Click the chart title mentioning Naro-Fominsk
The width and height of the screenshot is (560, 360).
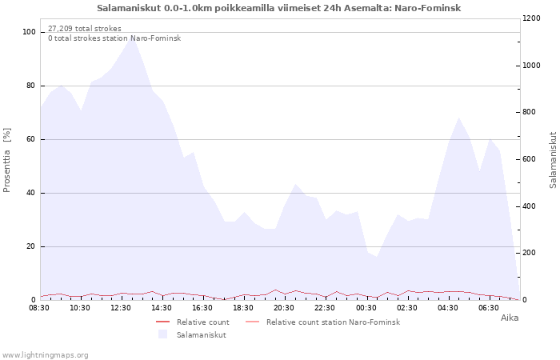coord(279,8)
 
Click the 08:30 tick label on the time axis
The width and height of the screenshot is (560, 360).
coord(39,308)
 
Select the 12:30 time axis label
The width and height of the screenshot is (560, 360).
coord(121,308)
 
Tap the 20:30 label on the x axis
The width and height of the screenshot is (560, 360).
coord(284,308)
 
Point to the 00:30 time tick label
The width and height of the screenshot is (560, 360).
coord(366,308)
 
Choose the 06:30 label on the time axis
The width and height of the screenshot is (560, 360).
coord(489,308)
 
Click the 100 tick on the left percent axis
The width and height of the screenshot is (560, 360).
coord(29,32)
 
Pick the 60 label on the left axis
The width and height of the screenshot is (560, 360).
coord(31,139)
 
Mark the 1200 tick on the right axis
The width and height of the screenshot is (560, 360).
coord(531,18)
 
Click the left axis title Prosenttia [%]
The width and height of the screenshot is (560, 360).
coord(6,160)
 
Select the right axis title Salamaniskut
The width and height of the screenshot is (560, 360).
coord(553,160)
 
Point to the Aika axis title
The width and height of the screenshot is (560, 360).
coord(510,318)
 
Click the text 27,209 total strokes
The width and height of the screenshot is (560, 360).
coord(85,29)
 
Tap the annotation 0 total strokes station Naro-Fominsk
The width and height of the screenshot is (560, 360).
coord(114,38)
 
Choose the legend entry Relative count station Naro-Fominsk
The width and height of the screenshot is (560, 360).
coord(322,322)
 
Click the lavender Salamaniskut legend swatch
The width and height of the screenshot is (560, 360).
coord(163,334)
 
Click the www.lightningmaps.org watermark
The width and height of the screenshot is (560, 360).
coord(45,355)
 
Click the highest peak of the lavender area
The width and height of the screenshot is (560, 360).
coord(131,37)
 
